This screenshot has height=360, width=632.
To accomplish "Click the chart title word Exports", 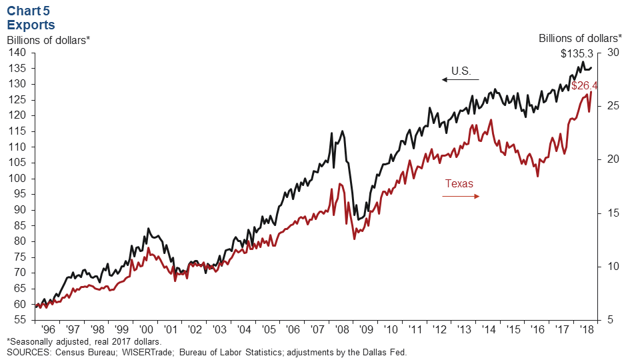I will coord(31,25).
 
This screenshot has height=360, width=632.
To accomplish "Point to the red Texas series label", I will coord(459,183).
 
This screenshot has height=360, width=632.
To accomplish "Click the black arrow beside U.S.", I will coord(460,79).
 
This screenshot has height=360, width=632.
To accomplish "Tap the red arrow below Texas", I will coord(461,196).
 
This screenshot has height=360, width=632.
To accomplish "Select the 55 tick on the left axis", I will coord(18,320).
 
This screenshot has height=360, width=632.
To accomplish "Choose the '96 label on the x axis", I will coord(48,330).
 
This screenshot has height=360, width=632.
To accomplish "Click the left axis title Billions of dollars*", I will coord(48,39).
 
